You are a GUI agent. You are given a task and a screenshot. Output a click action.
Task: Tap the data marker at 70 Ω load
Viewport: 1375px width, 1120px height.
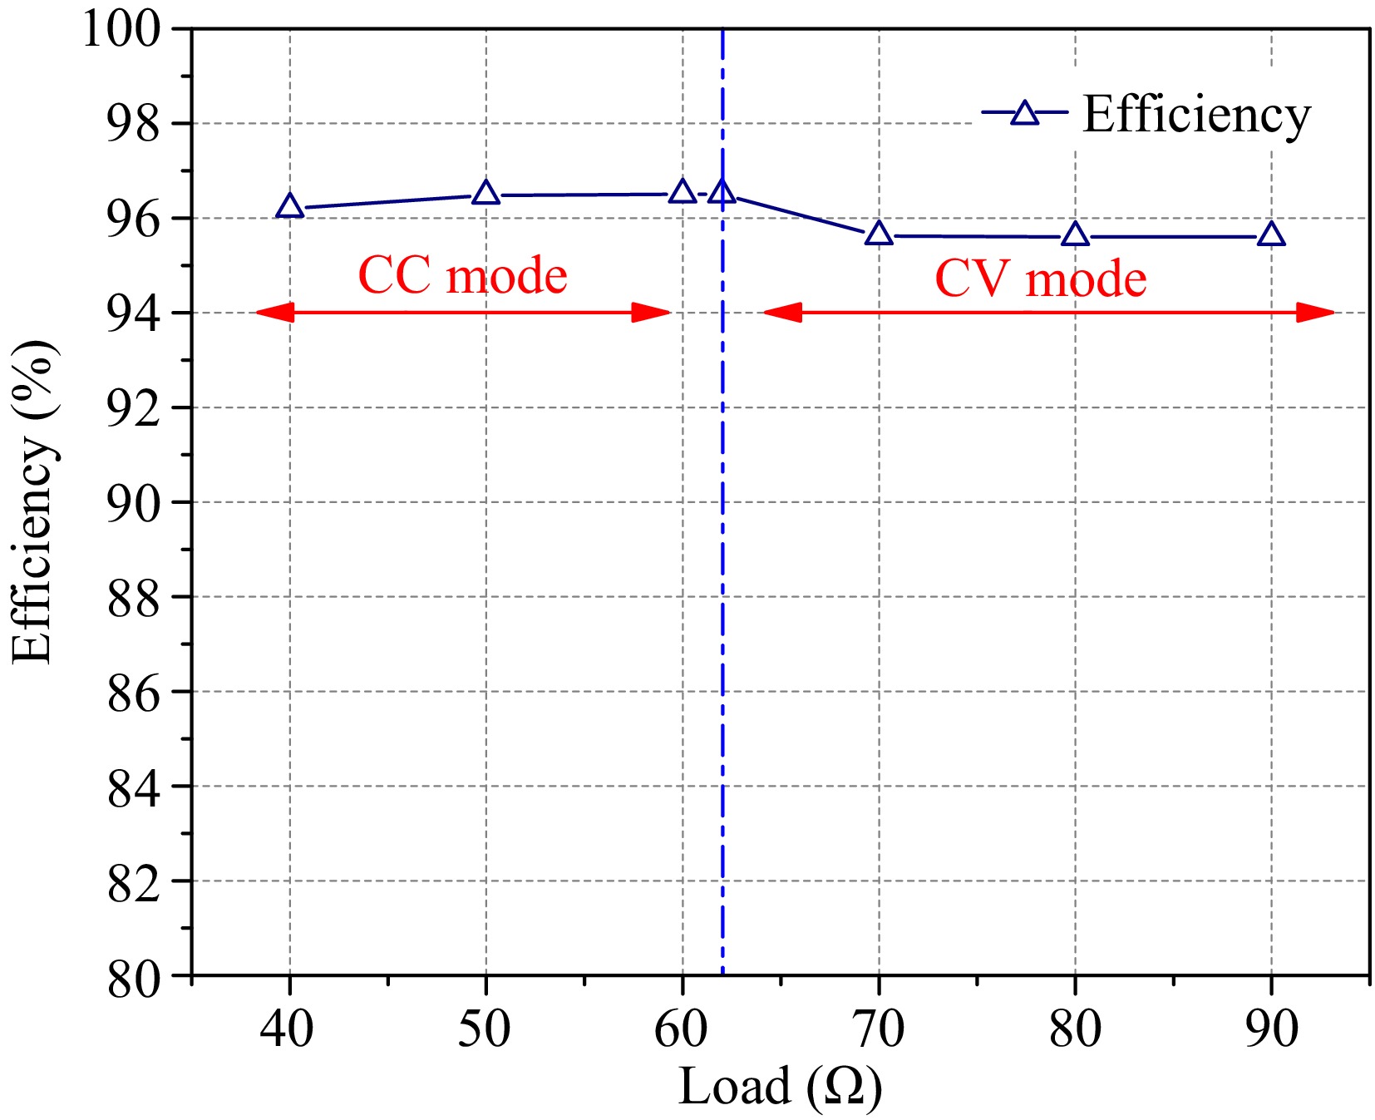click(x=879, y=234)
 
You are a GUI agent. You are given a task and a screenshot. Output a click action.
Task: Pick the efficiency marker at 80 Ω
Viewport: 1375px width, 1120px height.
click(x=1075, y=235)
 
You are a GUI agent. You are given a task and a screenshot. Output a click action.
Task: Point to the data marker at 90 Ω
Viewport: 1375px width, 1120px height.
click(x=1271, y=235)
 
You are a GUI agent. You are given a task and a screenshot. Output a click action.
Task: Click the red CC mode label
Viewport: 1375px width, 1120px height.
click(x=462, y=275)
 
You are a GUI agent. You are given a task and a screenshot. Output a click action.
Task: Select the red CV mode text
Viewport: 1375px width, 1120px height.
click(x=1040, y=279)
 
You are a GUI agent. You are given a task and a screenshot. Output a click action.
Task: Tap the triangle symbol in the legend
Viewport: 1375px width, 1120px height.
click(x=1024, y=113)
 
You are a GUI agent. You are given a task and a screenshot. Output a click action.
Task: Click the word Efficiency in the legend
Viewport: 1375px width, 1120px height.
click(x=1196, y=115)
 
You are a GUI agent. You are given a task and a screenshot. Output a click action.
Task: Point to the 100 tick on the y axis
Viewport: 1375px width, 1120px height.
click(x=121, y=30)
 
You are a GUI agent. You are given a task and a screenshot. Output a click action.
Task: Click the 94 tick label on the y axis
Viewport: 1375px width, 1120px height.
click(x=133, y=315)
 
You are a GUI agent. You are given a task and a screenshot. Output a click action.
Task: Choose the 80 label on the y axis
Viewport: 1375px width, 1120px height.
click(x=133, y=978)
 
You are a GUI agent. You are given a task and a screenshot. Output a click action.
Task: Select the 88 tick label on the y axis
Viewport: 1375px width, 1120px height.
click(x=133, y=599)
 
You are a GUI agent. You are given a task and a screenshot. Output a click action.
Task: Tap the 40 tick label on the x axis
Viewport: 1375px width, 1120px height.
click(x=287, y=1029)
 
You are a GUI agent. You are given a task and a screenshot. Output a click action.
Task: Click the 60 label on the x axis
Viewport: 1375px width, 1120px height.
click(x=681, y=1029)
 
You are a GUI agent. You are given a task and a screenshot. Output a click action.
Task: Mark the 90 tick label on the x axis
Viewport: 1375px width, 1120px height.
click(x=1271, y=1029)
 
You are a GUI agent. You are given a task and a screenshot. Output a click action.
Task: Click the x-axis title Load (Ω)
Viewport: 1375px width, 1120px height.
click(x=780, y=1087)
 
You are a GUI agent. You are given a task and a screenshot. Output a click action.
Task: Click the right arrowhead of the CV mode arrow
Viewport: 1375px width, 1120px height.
click(x=1316, y=313)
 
